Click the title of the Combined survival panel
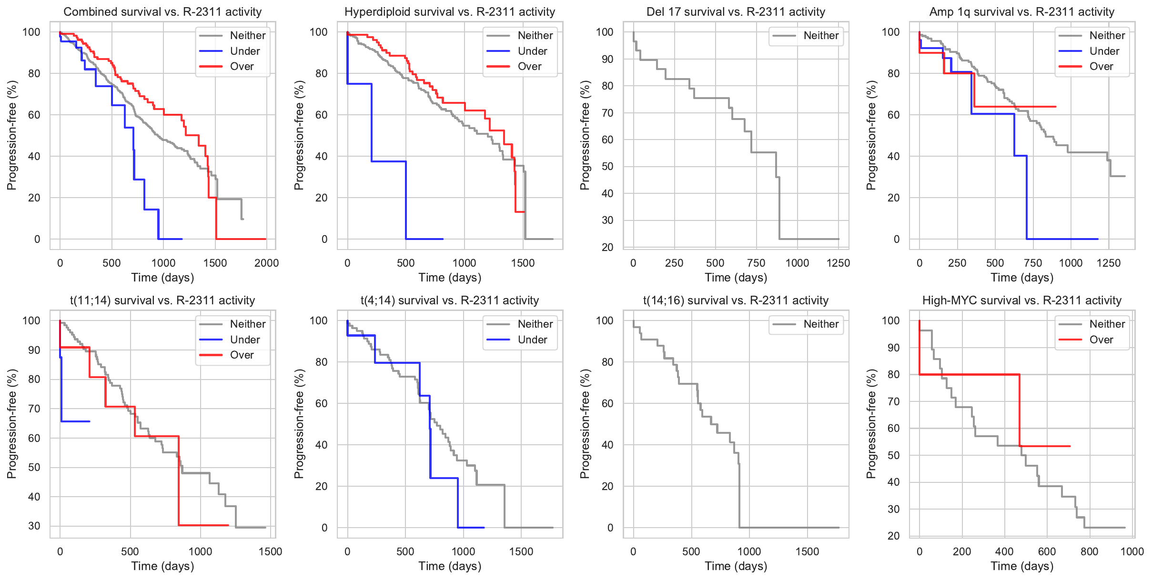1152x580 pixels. [162, 12]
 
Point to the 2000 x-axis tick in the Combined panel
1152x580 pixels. [266, 263]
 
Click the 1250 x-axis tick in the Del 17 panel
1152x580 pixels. [838, 263]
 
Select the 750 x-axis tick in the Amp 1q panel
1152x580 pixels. [1033, 263]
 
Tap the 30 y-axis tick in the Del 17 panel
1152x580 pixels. [607, 220]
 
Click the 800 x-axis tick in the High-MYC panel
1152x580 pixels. [1090, 551]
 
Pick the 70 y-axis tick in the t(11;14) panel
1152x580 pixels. [34, 409]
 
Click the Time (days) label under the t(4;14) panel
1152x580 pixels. [450, 566]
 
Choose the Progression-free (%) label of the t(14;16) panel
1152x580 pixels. [585, 424]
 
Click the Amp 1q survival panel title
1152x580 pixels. [1022, 12]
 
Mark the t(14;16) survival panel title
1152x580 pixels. [736, 300]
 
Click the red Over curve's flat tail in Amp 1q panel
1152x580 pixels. [1015, 107]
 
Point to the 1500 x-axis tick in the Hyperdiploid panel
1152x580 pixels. [523, 263]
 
